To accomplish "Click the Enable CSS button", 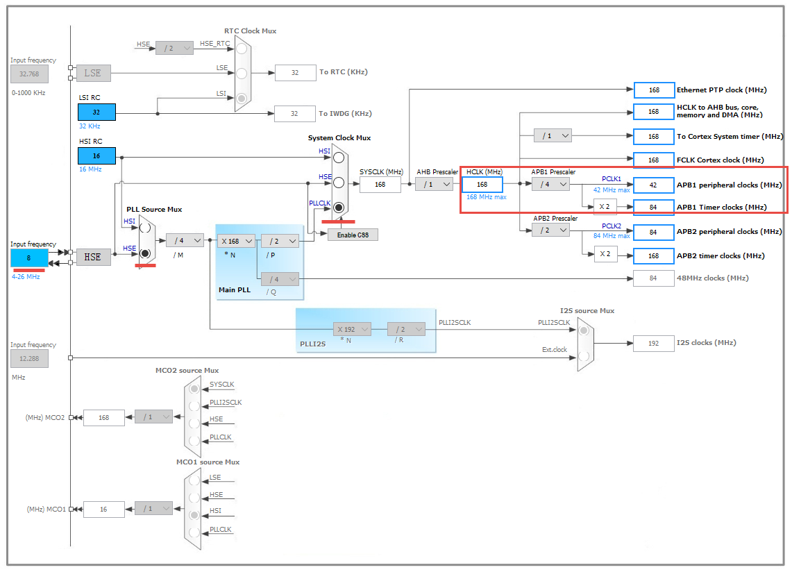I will click(353, 235).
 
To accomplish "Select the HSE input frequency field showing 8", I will click(29, 258).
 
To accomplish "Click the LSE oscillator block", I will click(93, 72).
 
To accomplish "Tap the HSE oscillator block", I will click(93, 257).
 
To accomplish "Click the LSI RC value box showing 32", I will click(96, 112).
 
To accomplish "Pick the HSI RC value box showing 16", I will click(96, 156).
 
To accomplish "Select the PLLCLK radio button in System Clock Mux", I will click(339, 207).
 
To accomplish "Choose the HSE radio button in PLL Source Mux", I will click(145, 253).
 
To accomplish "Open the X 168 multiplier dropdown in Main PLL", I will click(237, 241).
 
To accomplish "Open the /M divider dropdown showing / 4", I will click(185, 240).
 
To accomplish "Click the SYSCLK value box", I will click(380, 184).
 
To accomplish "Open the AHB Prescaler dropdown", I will click(435, 184).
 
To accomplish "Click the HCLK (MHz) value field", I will click(482, 185).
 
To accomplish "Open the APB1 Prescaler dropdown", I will click(550, 184).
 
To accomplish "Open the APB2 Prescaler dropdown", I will click(550, 230).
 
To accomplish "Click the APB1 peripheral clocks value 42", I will click(653, 185).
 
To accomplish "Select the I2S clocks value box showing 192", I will click(653, 343).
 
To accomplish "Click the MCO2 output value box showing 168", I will click(104, 417).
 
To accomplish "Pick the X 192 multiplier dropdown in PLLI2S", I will click(352, 329).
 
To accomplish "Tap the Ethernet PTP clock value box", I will click(653, 90).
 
